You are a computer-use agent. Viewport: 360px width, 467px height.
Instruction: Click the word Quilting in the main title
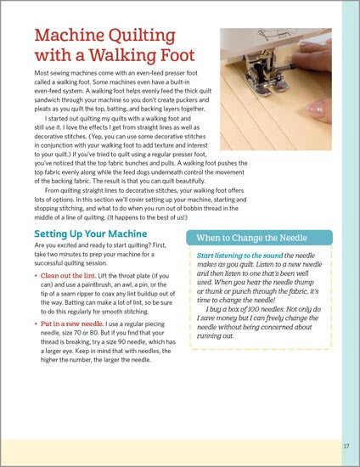tap(142, 37)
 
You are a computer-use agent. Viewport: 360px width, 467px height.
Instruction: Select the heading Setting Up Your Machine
tap(91, 233)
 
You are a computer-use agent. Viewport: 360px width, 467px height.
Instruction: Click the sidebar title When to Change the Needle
tap(251, 238)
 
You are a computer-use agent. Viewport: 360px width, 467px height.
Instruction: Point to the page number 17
tap(346, 446)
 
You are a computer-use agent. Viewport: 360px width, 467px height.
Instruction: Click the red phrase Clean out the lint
tap(68, 275)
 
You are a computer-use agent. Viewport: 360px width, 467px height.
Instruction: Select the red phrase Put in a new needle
tap(72, 324)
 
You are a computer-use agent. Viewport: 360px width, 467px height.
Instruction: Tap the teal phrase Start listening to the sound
tap(239, 256)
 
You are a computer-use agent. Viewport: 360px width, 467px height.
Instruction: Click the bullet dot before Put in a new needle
tap(36, 324)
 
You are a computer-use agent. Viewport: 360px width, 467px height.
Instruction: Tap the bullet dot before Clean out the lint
tap(36, 276)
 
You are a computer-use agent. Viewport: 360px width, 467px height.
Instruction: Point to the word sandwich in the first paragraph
tap(46, 100)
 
